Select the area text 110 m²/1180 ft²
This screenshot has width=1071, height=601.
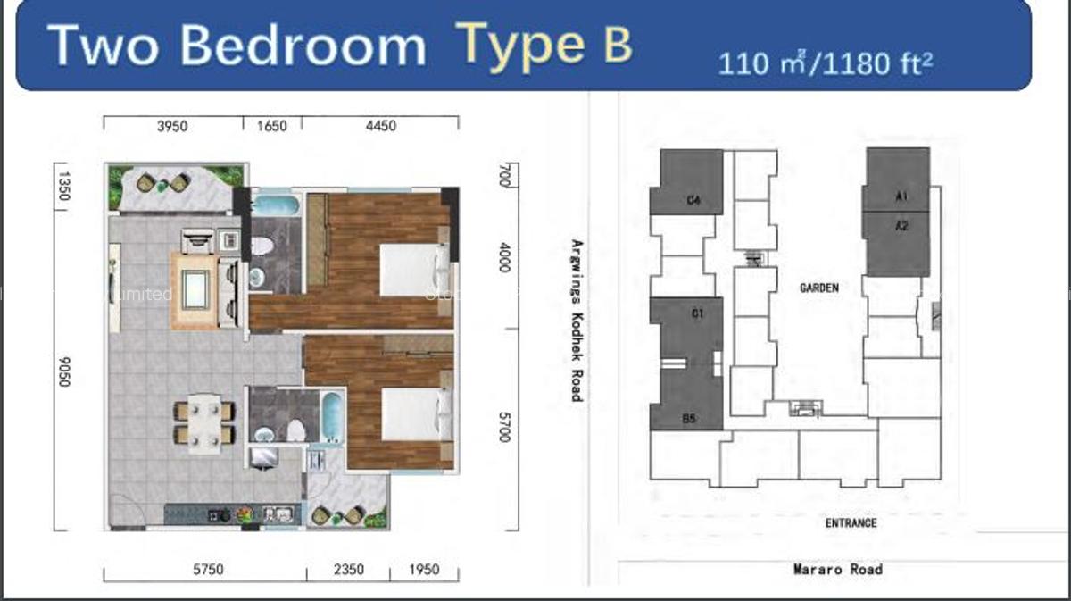point(826,63)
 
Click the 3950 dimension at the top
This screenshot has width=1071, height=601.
point(172,126)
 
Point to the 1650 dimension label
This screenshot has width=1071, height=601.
point(272,126)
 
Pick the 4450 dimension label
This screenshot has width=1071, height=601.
point(379,126)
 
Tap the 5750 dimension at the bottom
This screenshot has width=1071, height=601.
point(204,569)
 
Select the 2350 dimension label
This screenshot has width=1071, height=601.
point(347,569)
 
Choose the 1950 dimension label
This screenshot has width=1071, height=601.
point(424,569)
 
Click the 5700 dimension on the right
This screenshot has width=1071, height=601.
point(504,426)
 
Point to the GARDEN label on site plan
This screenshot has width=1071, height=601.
point(819,288)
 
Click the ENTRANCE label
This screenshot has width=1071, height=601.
point(851,523)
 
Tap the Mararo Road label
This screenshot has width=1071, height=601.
point(837,569)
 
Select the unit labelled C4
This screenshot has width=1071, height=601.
point(693,201)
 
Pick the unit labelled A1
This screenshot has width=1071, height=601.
point(901,196)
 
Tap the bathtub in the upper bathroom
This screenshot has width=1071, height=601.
point(276,205)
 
